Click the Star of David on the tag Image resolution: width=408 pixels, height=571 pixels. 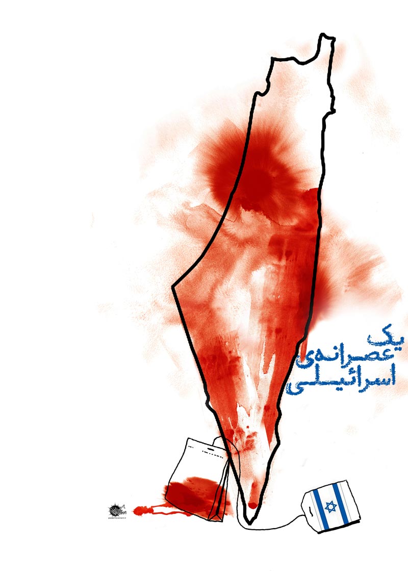click(x=330, y=507)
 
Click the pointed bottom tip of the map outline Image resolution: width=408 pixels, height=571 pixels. click(x=248, y=523)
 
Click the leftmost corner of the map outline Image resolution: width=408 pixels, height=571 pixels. click(x=173, y=287)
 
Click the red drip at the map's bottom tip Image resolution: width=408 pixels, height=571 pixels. click(x=251, y=505)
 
